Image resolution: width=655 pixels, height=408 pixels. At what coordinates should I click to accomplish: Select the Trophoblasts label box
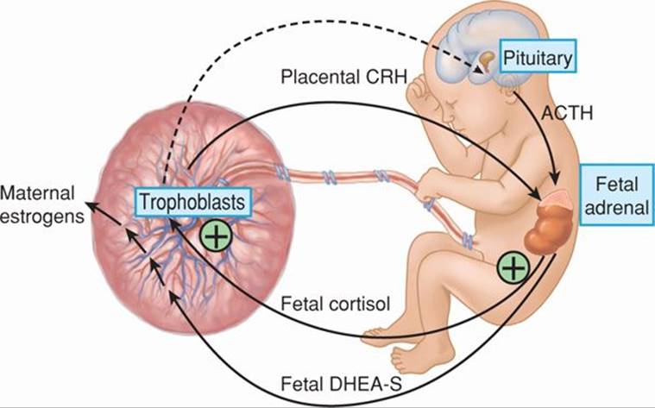191,204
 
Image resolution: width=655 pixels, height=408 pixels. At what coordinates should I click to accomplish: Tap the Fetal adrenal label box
616,194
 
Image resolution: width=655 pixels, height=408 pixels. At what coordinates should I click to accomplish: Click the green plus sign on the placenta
215,235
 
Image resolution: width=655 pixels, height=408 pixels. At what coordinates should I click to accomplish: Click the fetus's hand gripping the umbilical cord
429,188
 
